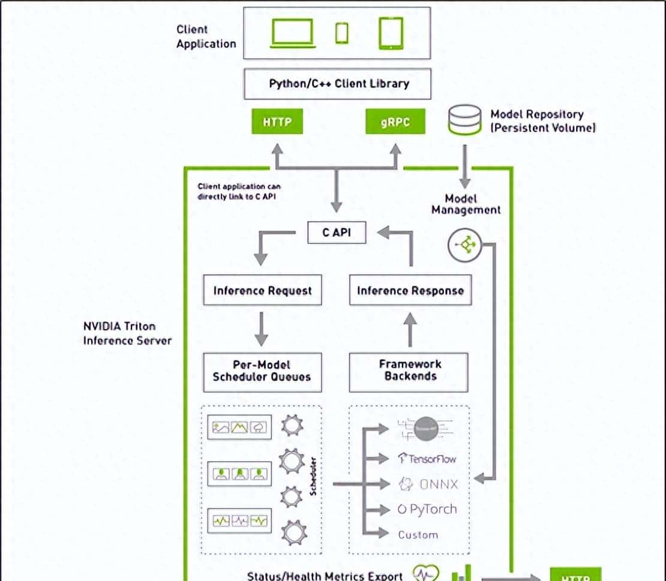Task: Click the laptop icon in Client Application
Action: click(292, 34)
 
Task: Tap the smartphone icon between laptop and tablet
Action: click(341, 33)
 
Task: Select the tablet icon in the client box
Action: click(391, 33)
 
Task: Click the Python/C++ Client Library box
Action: click(337, 83)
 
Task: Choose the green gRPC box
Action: click(395, 122)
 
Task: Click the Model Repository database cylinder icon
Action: click(464, 119)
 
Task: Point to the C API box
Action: click(337, 233)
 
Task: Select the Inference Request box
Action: click(262, 291)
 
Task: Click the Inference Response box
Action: click(410, 291)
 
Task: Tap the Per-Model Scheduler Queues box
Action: click(262, 371)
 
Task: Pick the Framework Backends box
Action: click(410, 371)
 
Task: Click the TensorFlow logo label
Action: click(427, 459)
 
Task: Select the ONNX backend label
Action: click(427, 484)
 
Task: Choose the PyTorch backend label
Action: click(427, 510)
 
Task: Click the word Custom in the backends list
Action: click(418, 534)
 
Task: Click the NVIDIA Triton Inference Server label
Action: click(127, 333)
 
